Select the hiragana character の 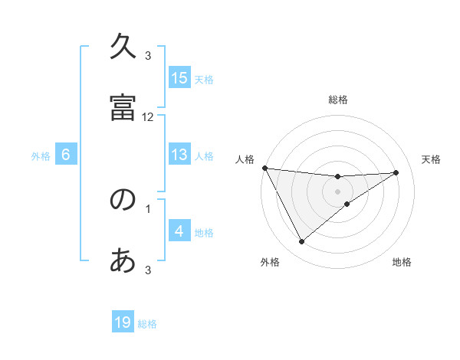123,199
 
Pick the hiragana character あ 123,260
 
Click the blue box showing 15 179,77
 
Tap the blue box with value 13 179,155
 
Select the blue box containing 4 179,231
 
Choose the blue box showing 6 66,155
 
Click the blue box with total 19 123,322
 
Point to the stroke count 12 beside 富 148,116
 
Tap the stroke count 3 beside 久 148,55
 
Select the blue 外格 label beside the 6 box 41,155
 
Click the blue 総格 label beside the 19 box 147,324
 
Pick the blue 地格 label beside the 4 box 204,232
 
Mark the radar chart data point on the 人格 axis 264,168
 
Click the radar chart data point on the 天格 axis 396,172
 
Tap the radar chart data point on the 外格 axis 301,242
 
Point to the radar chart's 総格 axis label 338,100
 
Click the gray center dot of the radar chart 338,191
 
